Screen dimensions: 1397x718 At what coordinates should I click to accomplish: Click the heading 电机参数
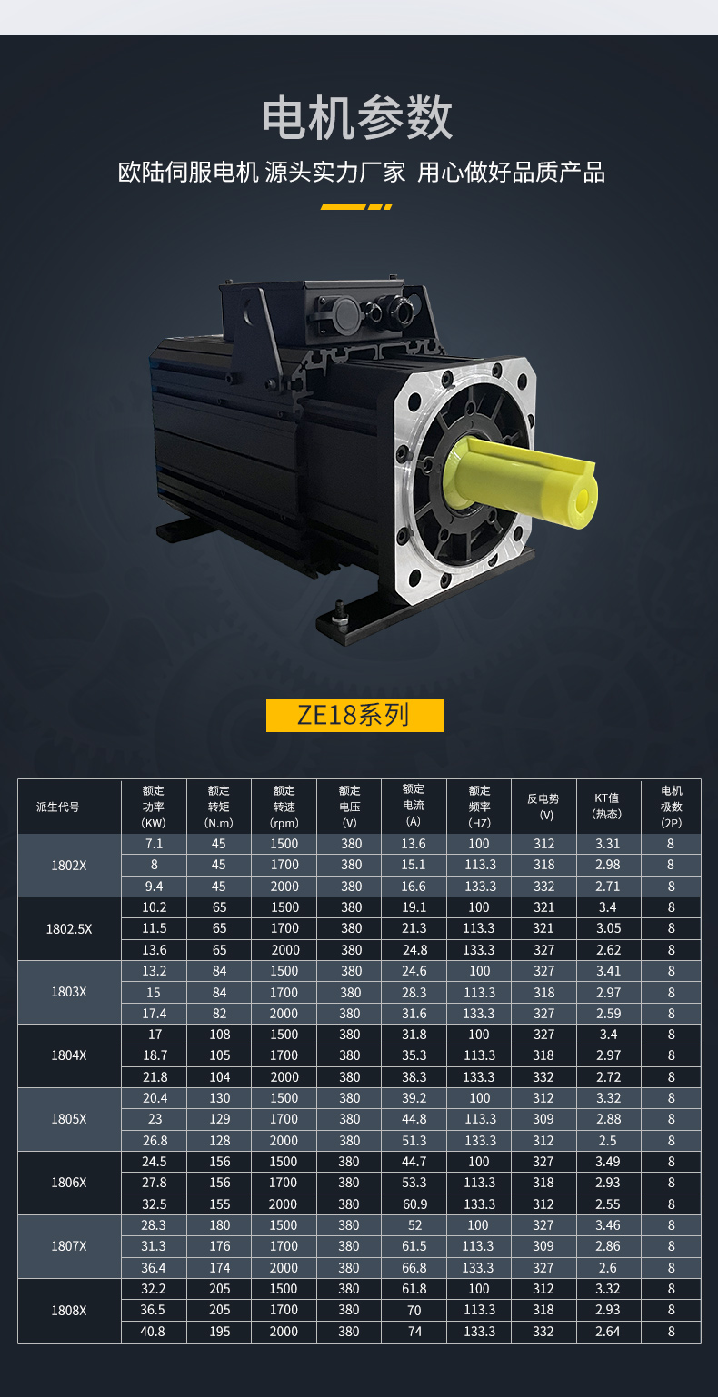click(357, 118)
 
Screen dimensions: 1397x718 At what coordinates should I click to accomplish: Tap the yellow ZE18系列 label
click(354, 715)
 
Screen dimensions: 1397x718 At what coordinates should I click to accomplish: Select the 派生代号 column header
click(58, 807)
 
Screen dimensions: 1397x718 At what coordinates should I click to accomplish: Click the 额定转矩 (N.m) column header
click(219, 807)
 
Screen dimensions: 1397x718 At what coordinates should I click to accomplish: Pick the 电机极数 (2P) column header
click(671, 807)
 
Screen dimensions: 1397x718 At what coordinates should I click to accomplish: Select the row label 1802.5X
click(69, 928)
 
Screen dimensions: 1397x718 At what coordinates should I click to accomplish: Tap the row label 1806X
click(69, 1183)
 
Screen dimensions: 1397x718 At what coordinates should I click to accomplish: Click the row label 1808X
click(69, 1310)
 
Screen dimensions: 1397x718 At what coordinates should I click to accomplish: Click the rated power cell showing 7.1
click(154, 844)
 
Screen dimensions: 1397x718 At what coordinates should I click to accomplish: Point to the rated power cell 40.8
click(154, 1332)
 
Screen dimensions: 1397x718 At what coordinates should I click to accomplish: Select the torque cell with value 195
click(219, 1332)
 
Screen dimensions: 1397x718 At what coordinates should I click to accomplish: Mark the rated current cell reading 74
click(414, 1332)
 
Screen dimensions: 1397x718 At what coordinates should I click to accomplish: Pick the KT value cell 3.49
click(608, 1162)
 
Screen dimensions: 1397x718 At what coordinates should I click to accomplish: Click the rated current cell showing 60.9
click(414, 1204)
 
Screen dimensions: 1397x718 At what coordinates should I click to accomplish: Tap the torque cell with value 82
click(219, 1014)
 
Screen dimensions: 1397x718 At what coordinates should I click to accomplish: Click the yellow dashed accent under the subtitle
click(356, 207)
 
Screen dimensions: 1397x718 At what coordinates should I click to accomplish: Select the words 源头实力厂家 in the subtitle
click(335, 172)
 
